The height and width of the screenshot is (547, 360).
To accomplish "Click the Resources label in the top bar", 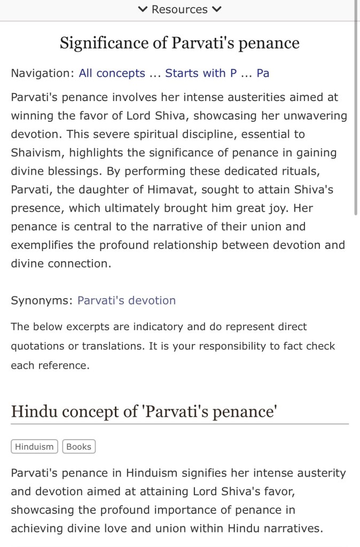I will [179, 9].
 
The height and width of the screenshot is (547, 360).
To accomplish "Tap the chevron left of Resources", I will [143, 9].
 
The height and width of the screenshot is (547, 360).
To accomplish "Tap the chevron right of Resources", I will [216, 9].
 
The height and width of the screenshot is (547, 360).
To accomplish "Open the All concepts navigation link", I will [112, 73].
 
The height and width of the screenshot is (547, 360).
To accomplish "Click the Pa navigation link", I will [263, 73].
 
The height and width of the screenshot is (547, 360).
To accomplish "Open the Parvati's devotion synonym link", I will [127, 300].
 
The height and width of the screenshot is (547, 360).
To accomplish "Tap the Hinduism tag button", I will [34, 447].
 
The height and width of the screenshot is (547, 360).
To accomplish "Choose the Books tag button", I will [79, 447].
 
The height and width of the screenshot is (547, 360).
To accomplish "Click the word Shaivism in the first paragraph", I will [37, 153].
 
